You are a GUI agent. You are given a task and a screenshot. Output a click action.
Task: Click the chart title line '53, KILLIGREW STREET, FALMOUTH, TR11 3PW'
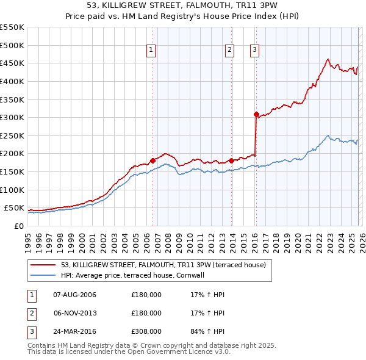point(182,5)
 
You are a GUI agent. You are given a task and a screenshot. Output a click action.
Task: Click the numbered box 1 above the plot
point(151,51)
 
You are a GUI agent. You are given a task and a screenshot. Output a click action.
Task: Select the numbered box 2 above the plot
point(230,51)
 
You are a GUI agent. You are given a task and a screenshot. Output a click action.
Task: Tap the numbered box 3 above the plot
point(254,51)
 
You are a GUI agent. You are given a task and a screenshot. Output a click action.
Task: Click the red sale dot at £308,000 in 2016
point(256,113)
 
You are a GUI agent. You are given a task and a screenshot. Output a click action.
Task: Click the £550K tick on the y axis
point(12,27)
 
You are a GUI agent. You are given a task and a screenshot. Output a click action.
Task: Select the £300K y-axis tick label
point(12,117)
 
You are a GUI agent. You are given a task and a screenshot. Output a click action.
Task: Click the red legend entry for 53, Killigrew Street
point(163,265)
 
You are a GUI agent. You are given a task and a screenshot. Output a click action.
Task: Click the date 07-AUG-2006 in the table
point(74,295)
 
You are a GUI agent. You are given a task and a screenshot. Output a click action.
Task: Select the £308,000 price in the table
point(146,331)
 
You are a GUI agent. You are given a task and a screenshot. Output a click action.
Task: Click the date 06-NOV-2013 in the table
point(74,313)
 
